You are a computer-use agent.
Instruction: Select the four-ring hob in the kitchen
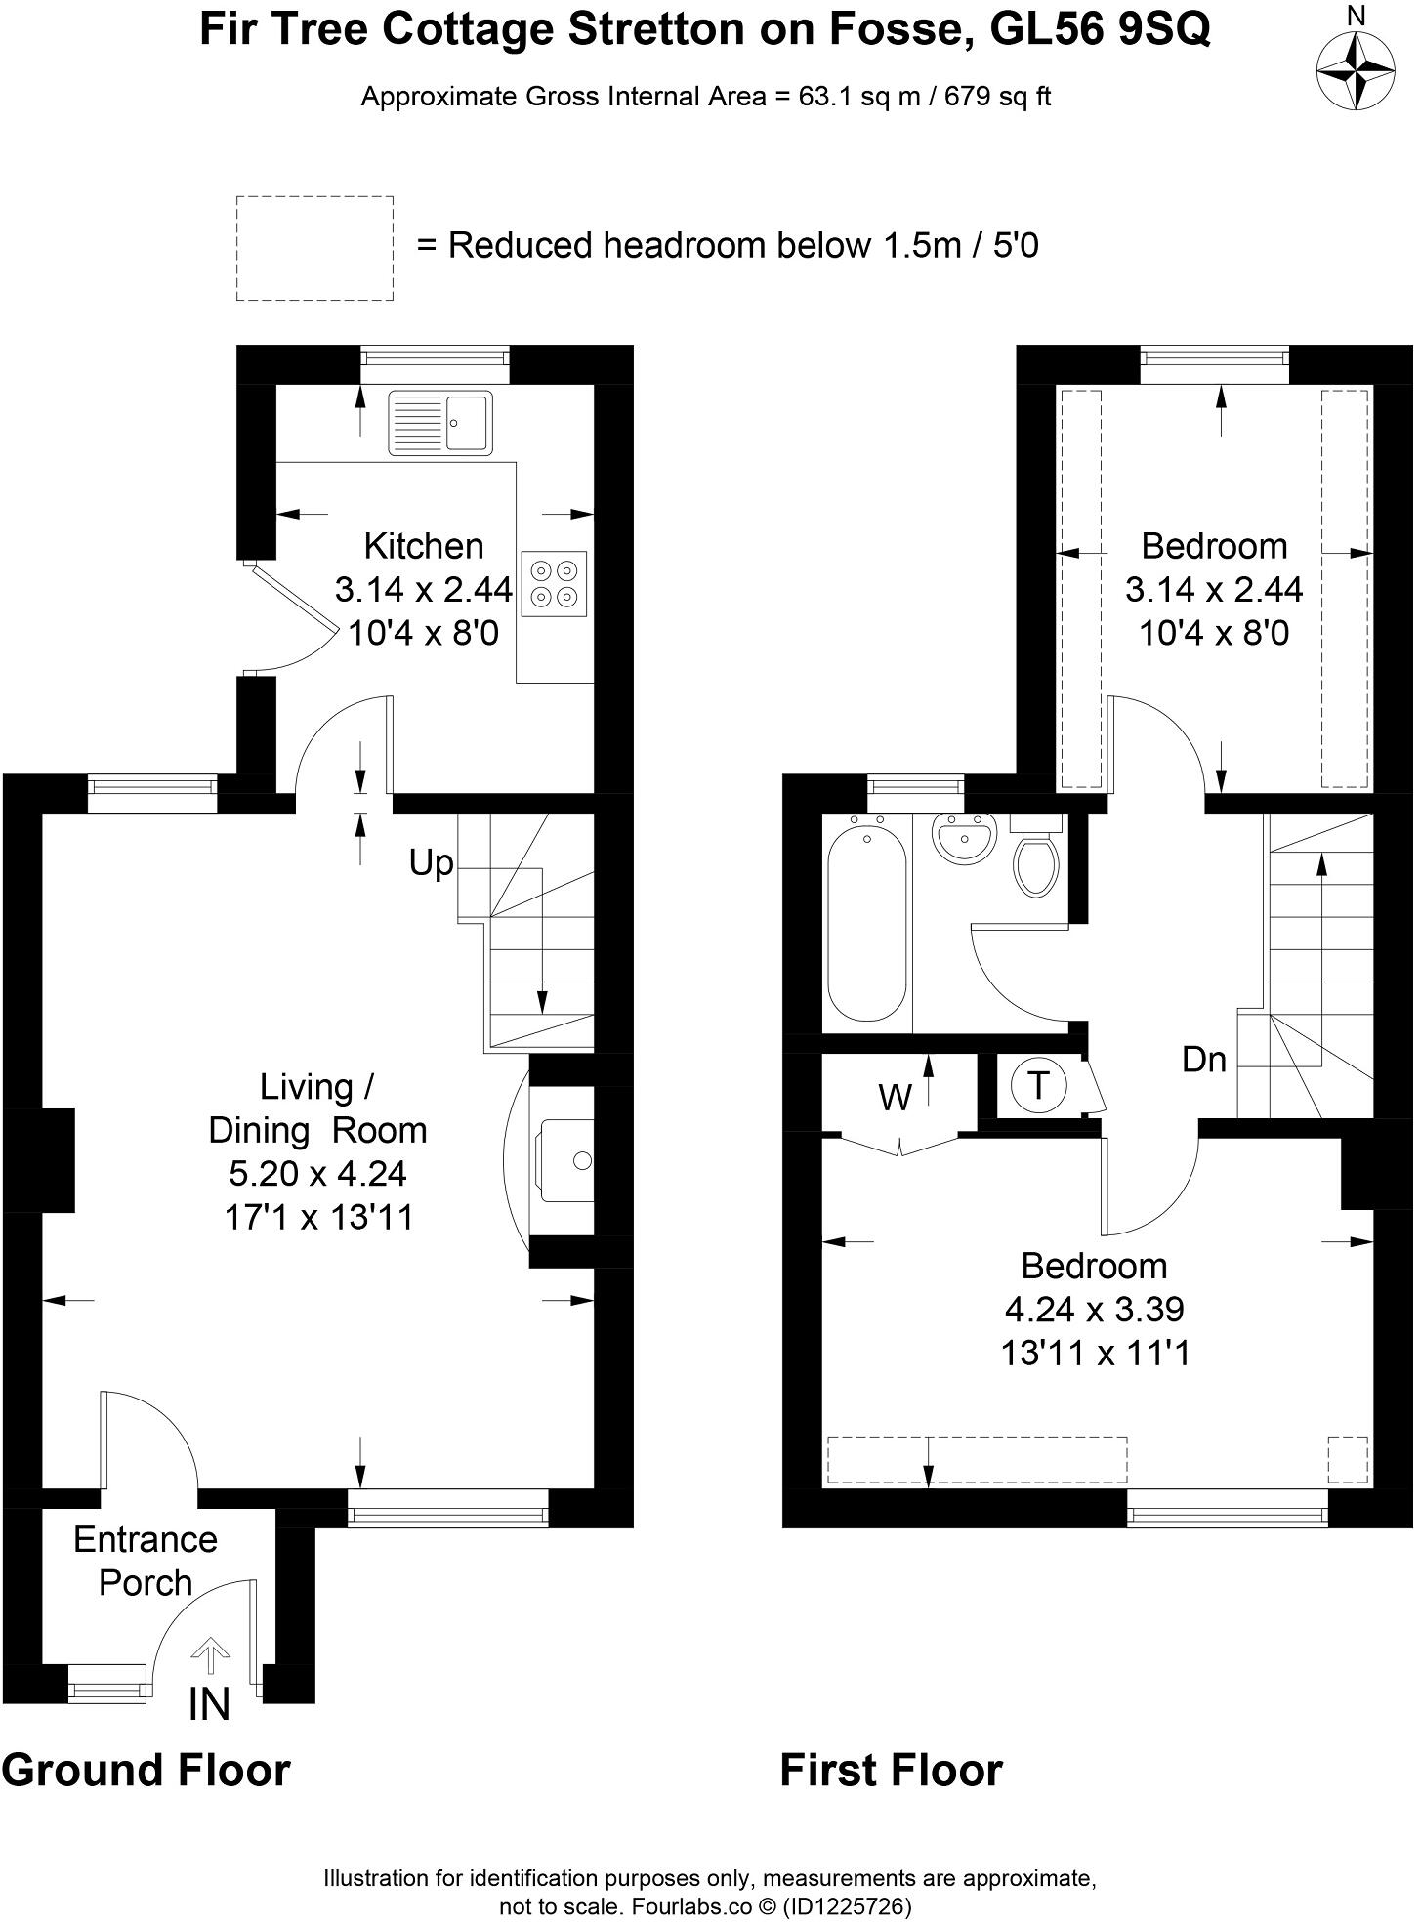coord(554,583)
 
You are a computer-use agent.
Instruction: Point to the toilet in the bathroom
coord(1036,857)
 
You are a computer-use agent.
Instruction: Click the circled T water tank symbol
coord(1039,1085)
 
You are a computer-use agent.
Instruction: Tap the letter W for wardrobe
coord(895,1098)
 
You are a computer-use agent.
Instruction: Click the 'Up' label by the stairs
coord(431,862)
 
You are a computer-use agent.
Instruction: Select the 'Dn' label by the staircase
coord(1203,1059)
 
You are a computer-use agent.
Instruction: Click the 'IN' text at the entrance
coord(209,1703)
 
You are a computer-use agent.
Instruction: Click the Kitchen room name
coord(423,545)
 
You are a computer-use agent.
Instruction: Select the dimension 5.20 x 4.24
coord(317,1172)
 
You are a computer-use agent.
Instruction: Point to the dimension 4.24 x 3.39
coord(1094,1308)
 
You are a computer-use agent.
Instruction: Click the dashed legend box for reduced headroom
coord(314,248)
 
